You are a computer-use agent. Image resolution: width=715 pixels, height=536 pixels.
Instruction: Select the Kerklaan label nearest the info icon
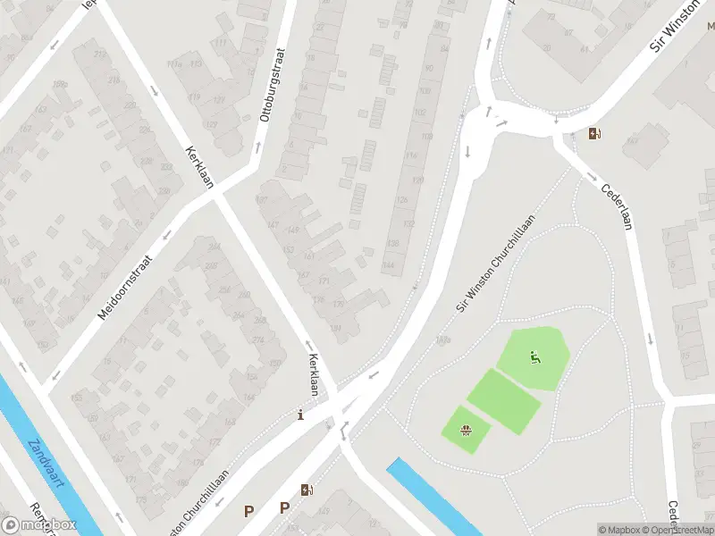tap(314, 374)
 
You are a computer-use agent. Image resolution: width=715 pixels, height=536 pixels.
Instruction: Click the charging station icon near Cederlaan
tap(595, 135)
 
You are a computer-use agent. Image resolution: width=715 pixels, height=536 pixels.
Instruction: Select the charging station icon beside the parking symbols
tap(307, 490)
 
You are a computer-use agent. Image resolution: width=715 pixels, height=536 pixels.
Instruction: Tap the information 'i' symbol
tap(300, 415)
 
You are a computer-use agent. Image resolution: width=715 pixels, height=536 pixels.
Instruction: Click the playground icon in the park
tap(534, 359)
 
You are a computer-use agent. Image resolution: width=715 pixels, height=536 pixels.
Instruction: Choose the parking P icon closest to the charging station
tap(284, 508)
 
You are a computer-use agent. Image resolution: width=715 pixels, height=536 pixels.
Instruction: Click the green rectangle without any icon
tap(504, 401)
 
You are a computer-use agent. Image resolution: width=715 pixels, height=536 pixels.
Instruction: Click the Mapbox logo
tap(38, 524)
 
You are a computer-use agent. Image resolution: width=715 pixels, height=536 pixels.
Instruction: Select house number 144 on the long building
tap(389, 265)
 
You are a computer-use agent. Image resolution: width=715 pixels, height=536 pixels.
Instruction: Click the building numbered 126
tap(402, 199)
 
